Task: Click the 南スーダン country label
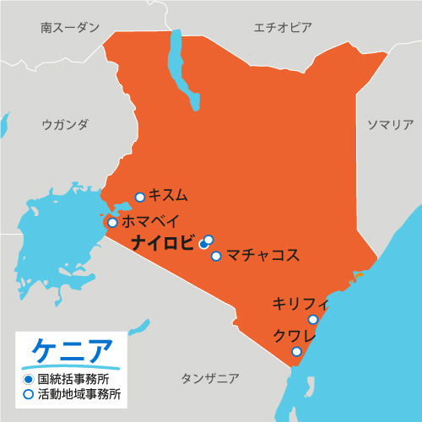click(x=69, y=27)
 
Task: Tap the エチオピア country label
click(x=283, y=27)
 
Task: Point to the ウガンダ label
click(x=65, y=125)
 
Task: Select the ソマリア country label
click(x=389, y=125)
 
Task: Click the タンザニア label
click(x=210, y=378)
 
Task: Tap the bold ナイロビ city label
click(x=162, y=243)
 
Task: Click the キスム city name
click(x=168, y=195)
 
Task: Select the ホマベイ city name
click(x=150, y=222)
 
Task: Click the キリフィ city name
click(x=299, y=303)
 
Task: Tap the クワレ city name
click(x=294, y=336)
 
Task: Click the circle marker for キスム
click(x=140, y=197)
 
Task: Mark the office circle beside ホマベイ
click(x=112, y=223)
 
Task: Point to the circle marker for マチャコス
click(x=217, y=256)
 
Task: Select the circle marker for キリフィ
click(x=313, y=319)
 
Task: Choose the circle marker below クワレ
click(x=296, y=352)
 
